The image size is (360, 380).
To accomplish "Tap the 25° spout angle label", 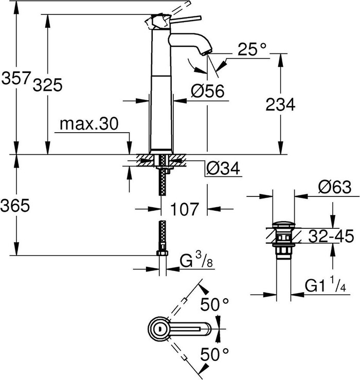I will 253,49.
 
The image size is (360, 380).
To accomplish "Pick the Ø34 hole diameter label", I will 223,169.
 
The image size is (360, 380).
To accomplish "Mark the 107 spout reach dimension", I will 184,209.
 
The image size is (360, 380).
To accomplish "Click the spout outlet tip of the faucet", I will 206,52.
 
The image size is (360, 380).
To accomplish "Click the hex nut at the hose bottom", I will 163,253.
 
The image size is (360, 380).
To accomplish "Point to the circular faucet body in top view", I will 159,328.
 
